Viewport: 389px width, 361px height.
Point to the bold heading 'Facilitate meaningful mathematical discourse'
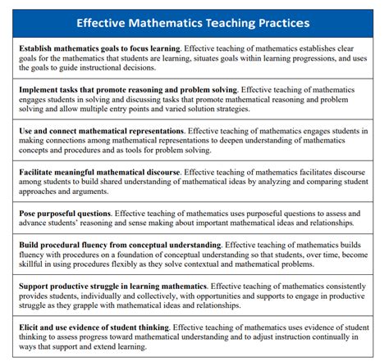point(98,173)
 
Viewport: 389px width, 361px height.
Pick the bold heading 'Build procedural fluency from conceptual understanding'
point(120,245)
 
